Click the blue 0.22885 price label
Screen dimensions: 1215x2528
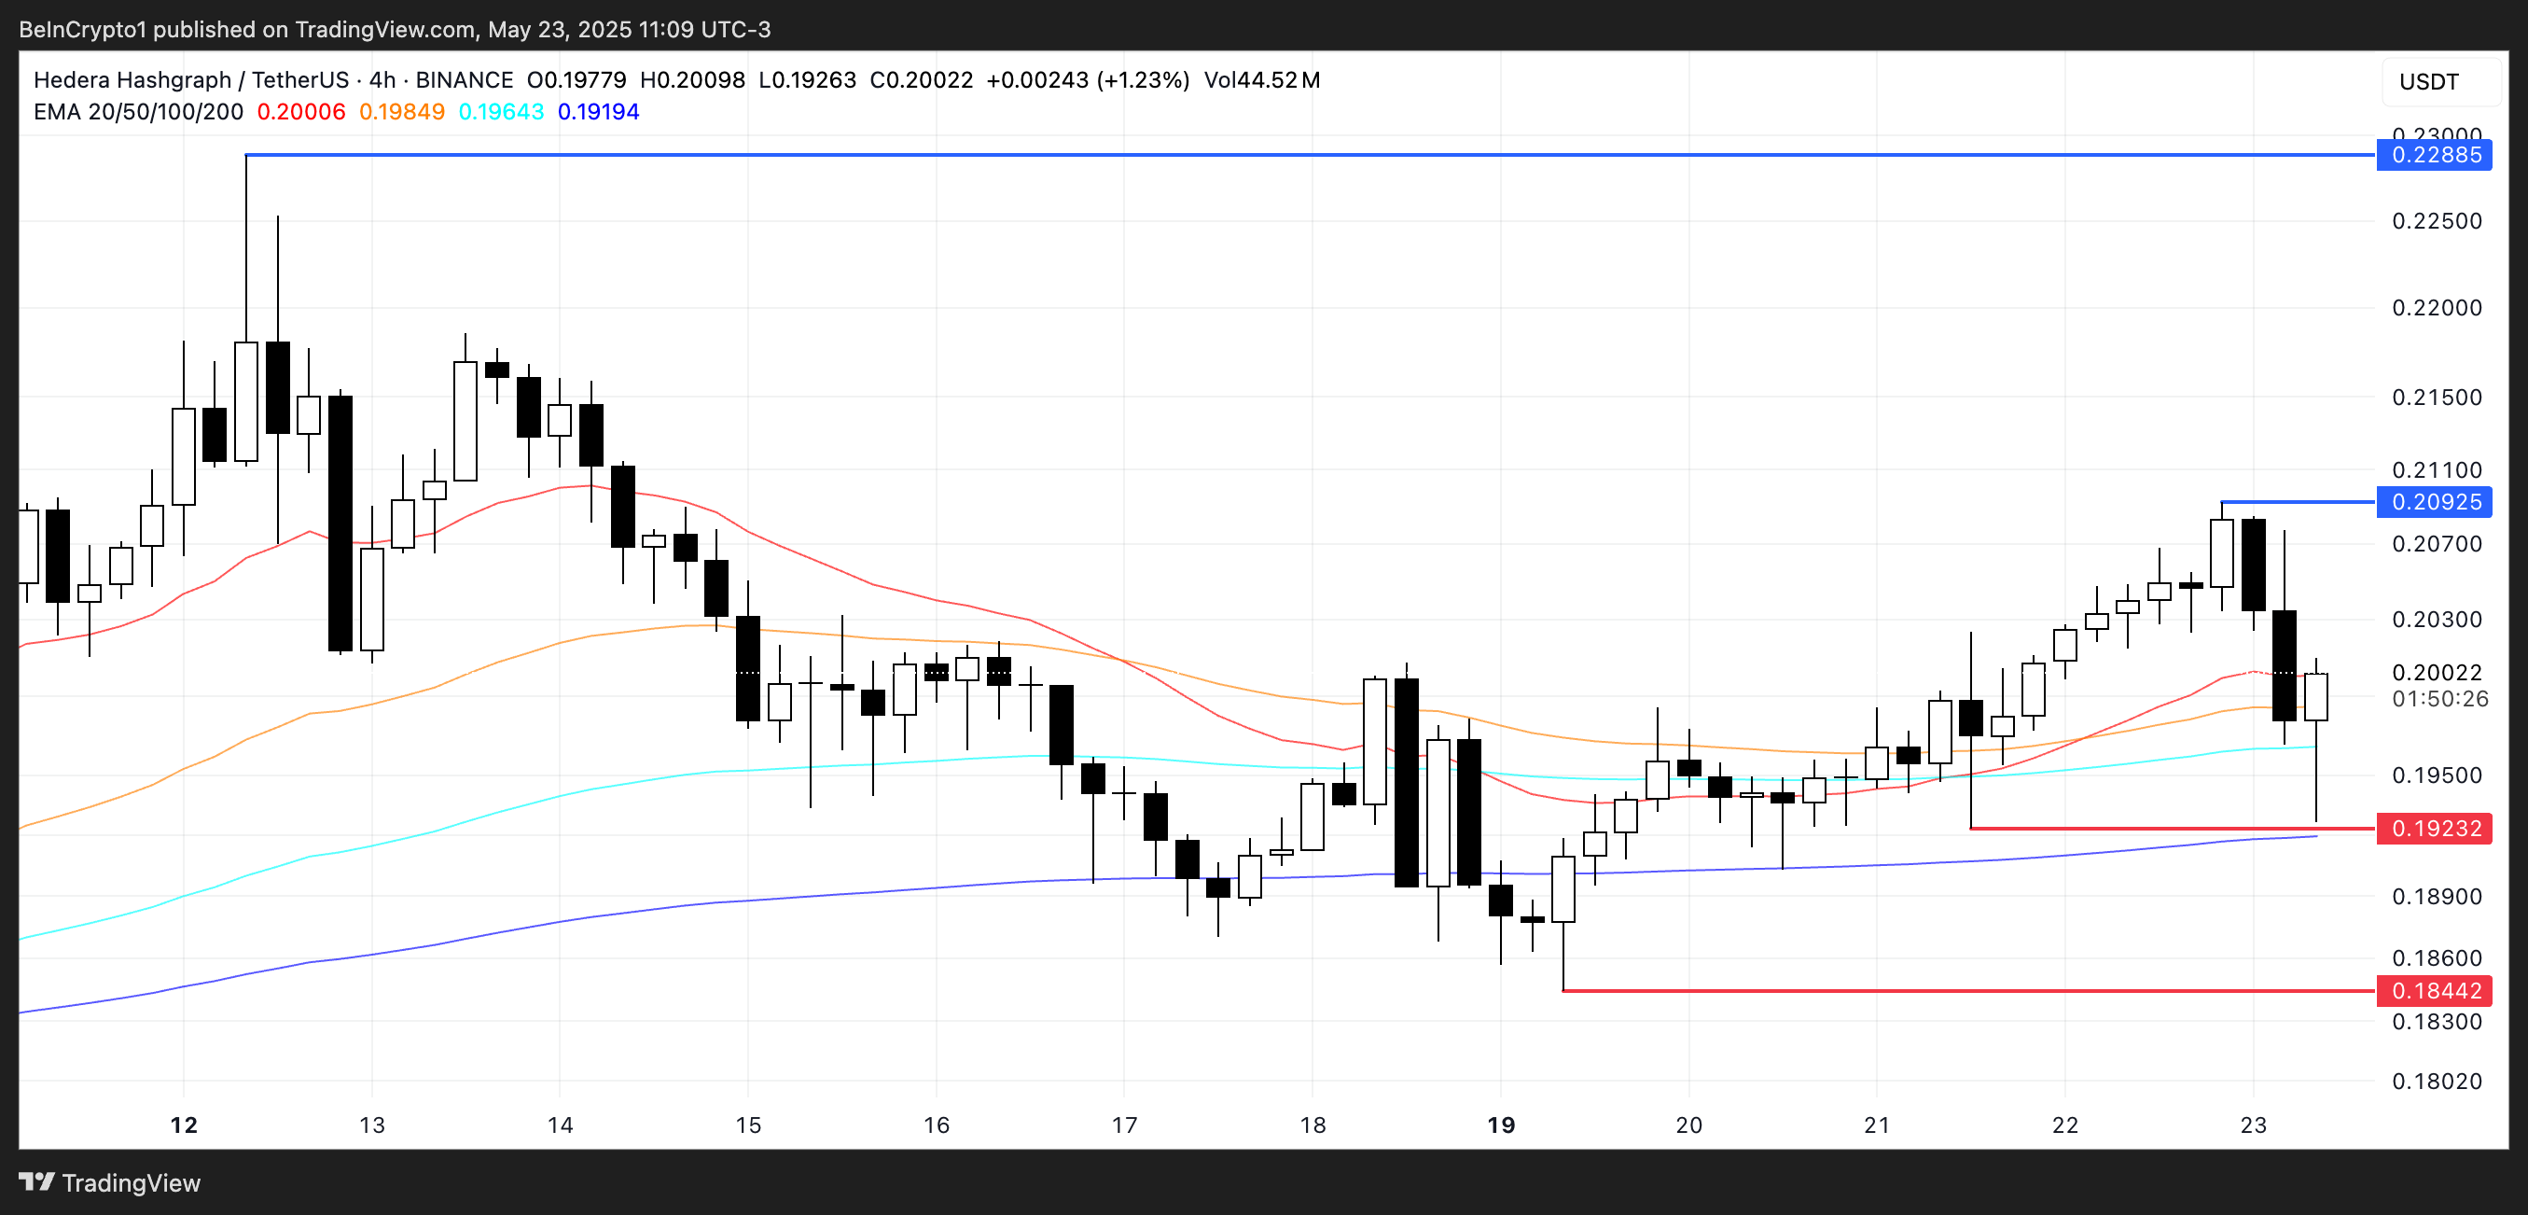point(2435,155)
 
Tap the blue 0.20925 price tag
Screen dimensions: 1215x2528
point(2435,502)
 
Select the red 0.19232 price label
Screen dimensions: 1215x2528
point(2435,830)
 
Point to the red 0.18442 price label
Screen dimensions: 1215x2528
point(2435,991)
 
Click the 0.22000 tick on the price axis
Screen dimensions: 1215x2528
point(2436,308)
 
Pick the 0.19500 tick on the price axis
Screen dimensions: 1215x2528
point(2436,775)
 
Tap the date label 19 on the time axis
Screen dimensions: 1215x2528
point(1501,1125)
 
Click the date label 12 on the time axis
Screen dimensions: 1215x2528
point(184,1125)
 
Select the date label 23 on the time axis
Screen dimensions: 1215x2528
point(2253,1125)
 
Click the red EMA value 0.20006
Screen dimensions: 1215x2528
point(301,112)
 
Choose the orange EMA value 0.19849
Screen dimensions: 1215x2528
point(401,112)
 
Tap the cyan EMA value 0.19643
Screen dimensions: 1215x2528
point(502,112)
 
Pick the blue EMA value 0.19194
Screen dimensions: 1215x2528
point(599,112)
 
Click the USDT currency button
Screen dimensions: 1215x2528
point(2429,81)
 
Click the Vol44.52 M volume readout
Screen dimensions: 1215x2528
point(1261,80)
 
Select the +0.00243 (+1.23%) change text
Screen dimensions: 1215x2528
point(1088,80)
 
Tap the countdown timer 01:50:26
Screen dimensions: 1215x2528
point(2439,699)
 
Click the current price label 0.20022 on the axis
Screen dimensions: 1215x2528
point(2436,673)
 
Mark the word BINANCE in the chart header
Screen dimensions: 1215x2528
point(465,80)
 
